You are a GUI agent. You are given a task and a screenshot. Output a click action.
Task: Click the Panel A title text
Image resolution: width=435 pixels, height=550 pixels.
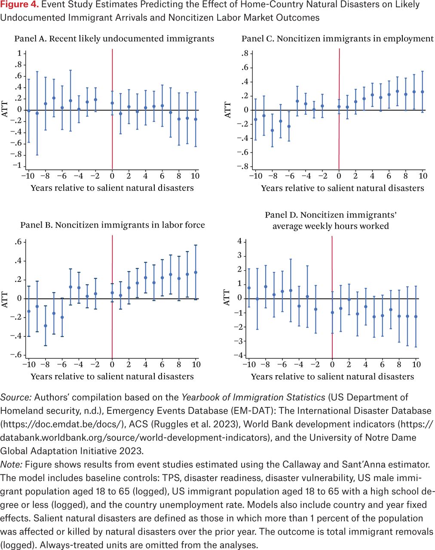coord(114,39)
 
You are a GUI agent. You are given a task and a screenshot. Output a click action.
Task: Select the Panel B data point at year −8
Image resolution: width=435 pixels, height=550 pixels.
coord(46,326)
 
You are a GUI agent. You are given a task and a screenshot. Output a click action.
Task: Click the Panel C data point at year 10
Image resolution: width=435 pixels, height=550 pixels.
coord(423,92)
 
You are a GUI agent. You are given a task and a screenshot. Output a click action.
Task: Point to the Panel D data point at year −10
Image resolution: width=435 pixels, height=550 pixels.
coord(249,288)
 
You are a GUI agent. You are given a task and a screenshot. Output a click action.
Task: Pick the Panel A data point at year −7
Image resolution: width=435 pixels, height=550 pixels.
coord(54,98)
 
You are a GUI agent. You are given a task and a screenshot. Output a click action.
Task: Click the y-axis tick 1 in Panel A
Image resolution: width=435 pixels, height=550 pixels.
coord(19,53)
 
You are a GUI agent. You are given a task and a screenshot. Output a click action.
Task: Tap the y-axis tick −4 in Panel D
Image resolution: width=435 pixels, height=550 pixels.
coord(239,355)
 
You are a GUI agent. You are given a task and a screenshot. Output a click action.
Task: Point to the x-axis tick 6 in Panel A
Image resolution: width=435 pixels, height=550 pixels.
coord(162,176)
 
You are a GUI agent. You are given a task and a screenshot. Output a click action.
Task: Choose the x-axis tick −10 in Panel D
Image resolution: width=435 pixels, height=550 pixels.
coord(248,365)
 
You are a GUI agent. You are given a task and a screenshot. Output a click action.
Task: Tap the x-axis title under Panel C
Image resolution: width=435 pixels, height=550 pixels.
coord(342,188)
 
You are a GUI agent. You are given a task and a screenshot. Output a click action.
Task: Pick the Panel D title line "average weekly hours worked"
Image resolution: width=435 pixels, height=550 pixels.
coord(330,226)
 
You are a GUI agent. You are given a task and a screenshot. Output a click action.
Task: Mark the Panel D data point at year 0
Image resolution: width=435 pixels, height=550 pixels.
coord(332,313)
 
